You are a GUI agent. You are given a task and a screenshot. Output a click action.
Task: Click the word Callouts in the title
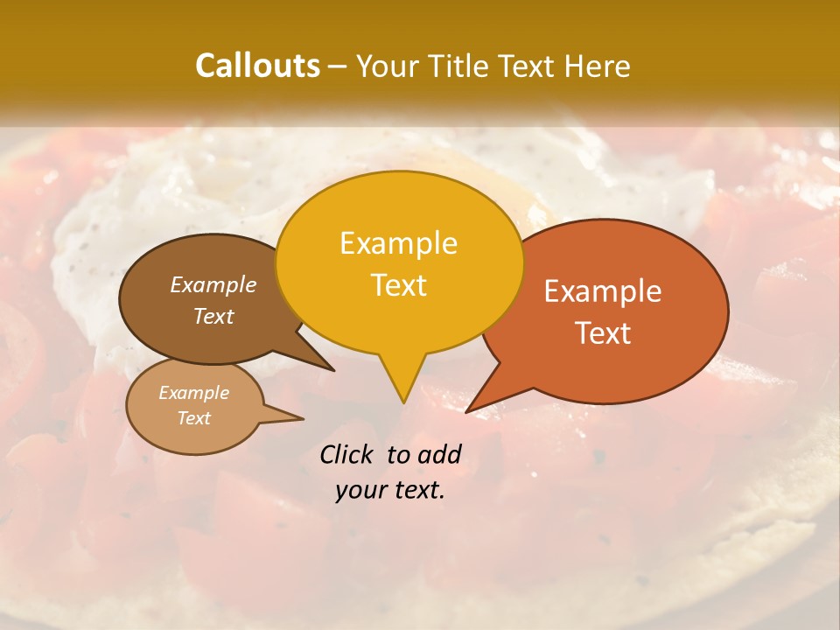click(x=257, y=66)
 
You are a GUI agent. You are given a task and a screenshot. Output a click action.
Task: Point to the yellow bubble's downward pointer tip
click(x=402, y=402)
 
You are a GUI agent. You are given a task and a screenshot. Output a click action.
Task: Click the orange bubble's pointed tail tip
click(x=468, y=410)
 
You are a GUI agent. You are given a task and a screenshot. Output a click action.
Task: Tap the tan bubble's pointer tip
click(x=302, y=418)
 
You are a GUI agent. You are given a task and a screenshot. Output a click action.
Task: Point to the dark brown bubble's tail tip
click(x=332, y=369)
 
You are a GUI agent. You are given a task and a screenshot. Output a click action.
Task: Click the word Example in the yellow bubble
click(x=398, y=243)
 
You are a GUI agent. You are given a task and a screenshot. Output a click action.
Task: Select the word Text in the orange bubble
click(x=604, y=333)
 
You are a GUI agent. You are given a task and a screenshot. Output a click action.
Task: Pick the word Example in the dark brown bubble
click(x=213, y=284)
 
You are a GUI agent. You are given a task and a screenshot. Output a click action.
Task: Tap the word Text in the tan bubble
click(x=194, y=418)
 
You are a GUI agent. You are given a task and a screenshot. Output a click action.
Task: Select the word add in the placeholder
click(x=438, y=454)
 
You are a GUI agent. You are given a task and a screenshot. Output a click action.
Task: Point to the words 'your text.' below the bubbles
click(x=389, y=491)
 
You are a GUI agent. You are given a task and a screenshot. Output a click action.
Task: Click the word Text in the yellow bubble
click(x=398, y=285)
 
